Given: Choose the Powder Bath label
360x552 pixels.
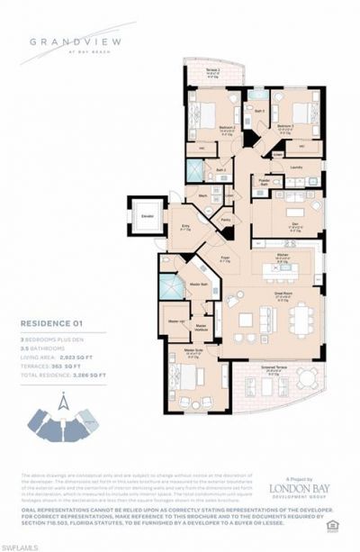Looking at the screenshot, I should [265, 178].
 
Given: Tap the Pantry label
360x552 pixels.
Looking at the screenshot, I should [226, 219].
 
